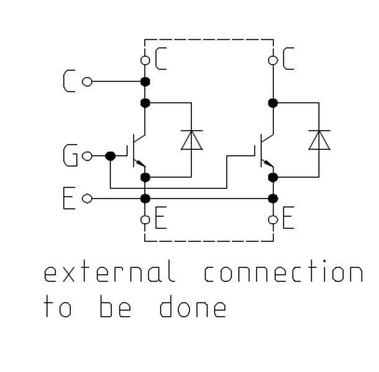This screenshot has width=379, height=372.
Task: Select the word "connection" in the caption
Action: tap(283, 273)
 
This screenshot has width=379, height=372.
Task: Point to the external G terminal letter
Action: tap(71, 156)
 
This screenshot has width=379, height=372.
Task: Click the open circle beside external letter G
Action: tap(88, 156)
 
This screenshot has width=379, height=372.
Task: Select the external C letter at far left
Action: tap(70, 81)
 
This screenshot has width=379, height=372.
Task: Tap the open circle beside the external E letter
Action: tap(87, 198)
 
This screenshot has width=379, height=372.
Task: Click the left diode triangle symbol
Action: tap(191, 140)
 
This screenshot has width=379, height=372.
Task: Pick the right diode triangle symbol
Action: tap(319, 140)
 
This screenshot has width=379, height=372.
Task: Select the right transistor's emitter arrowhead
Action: tap(268, 165)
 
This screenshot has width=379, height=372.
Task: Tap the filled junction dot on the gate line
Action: tap(111, 156)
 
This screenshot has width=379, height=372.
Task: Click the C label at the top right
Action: tap(288, 60)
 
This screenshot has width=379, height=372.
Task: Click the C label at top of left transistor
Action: tap(160, 60)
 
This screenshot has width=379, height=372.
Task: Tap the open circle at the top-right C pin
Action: tap(273, 60)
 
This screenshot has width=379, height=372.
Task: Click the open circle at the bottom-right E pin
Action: tap(273, 219)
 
